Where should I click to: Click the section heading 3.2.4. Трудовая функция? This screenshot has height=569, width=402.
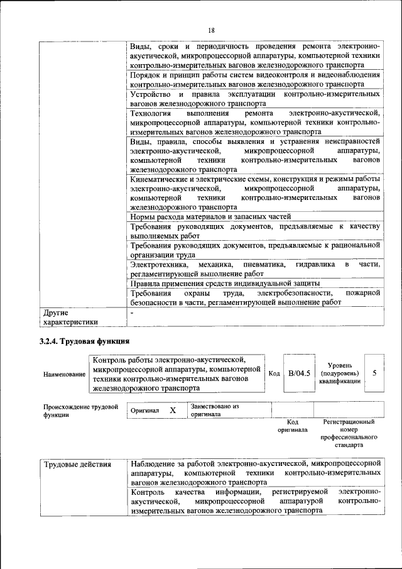(x=84, y=341)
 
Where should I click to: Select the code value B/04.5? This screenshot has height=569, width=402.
(x=299, y=373)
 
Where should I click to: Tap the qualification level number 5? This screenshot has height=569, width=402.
(x=374, y=373)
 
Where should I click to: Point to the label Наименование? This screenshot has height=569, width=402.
(x=65, y=375)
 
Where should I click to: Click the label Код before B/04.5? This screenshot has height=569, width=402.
(x=274, y=373)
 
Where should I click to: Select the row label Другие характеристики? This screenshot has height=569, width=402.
(x=70, y=318)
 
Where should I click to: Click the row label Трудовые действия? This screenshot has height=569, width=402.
(x=77, y=465)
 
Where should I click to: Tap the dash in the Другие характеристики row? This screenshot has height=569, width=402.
(x=132, y=312)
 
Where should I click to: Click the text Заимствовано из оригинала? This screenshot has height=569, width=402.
(x=215, y=411)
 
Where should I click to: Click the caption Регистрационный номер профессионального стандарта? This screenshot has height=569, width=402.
(x=348, y=434)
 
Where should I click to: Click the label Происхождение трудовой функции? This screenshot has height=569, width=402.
(x=80, y=411)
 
